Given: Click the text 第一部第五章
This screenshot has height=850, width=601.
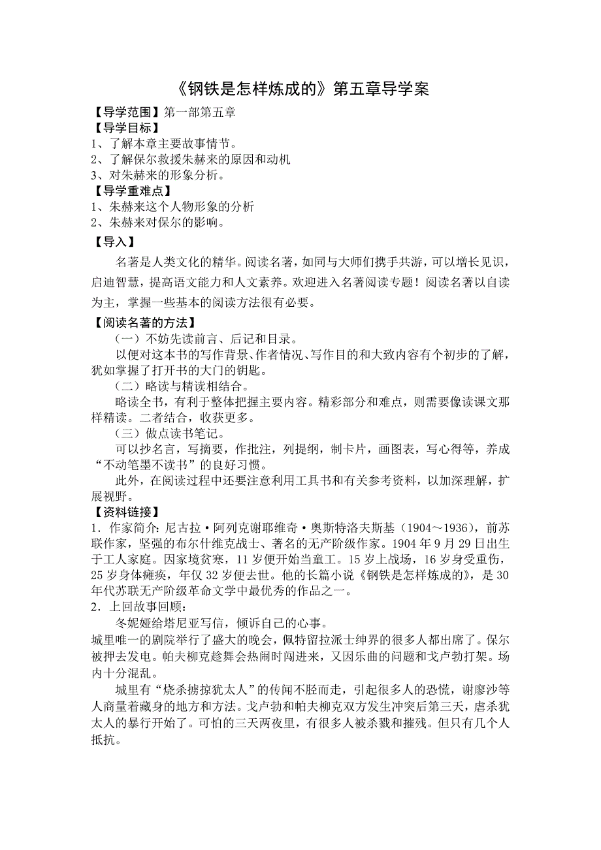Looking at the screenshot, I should click(199, 112).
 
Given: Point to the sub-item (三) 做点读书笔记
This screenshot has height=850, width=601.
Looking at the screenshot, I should click(170, 433).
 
